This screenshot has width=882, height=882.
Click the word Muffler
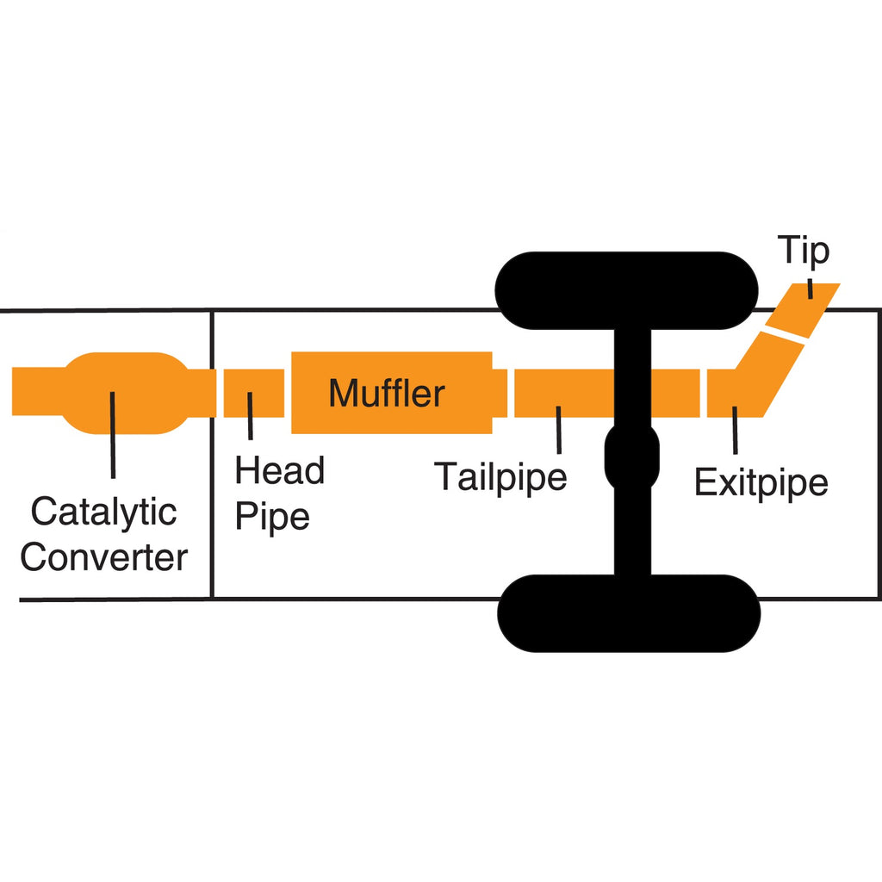(387, 393)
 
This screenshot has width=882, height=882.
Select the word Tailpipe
(500, 476)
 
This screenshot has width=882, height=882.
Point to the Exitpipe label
(761, 483)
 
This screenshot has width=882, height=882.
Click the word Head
(280, 471)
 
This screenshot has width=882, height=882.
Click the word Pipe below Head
(272, 518)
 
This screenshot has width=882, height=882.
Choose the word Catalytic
(103, 512)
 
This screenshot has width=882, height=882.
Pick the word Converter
(103, 557)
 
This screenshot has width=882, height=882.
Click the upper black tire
(628, 290)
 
